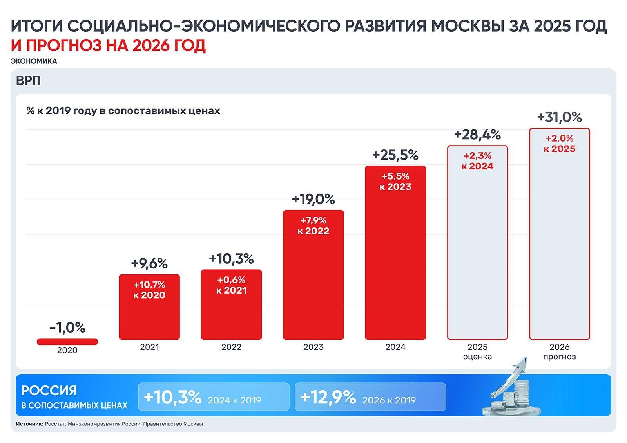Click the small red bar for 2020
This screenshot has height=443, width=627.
[67, 342]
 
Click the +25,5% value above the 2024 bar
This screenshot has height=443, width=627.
[395, 155]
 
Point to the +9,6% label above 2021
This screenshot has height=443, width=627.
[149, 263]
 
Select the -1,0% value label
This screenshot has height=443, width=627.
[67, 328]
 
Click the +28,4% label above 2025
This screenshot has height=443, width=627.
[477, 135]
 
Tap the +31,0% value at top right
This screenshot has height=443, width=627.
[559, 117]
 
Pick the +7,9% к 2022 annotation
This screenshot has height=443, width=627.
[313, 226]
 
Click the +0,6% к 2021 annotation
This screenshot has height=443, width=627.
[231, 285]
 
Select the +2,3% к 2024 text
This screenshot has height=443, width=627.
[477, 161]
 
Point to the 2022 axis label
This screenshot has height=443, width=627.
[231, 347]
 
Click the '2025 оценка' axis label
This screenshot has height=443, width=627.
[477, 352]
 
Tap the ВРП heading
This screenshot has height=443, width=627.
[28, 81]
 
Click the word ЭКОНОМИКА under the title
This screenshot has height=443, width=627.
[34, 61]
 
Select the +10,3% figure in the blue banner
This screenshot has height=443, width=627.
[172, 397]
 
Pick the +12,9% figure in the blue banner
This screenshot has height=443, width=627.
[328, 397]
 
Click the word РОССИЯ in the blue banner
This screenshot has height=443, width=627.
[49, 391]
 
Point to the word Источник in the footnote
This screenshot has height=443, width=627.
[29, 424]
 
